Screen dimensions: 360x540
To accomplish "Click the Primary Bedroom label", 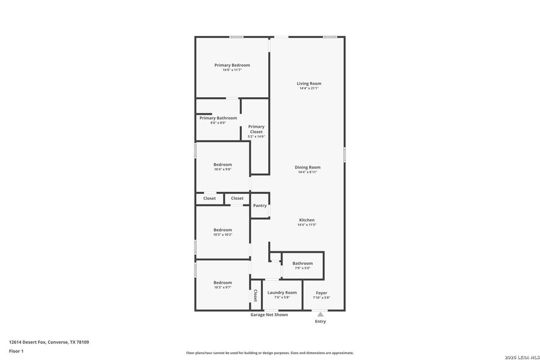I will [x=232, y=65].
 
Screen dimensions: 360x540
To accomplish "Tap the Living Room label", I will [x=309, y=83].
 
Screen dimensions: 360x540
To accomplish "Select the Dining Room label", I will [x=307, y=167].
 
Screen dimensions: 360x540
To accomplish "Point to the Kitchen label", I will [x=307, y=220].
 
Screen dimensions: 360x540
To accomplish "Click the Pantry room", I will [x=260, y=206].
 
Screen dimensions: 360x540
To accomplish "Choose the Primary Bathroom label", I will [x=218, y=118].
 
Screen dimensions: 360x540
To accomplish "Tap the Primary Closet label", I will [x=256, y=129].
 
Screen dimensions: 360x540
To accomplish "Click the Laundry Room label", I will [x=282, y=292].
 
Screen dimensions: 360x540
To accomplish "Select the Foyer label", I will [x=321, y=292].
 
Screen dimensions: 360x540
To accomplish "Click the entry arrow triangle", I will [x=320, y=314].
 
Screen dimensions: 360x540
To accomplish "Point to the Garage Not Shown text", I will [x=269, y=314].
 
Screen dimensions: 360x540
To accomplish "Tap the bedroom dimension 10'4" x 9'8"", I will [x=223, y=169].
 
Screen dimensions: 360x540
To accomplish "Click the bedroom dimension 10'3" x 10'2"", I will [x=223, y=235].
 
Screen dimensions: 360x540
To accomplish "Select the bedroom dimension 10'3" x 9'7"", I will [x=223, y=287].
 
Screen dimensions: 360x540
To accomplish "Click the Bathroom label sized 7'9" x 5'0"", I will [x=302, y=263].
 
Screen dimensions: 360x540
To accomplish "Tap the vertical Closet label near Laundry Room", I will [x=256, y=295].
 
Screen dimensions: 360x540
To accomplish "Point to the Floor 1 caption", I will [x=16, y=350].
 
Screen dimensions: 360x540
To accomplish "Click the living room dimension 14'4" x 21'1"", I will [x=309, y=88].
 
